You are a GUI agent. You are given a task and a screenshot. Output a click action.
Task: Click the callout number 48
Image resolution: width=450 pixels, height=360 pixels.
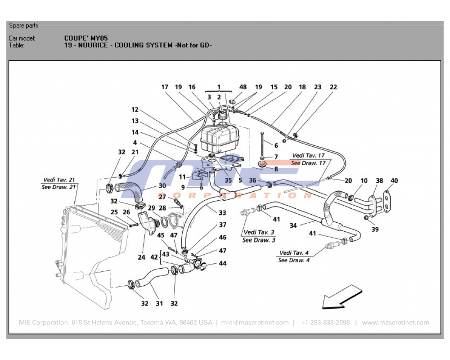pyautogui.click(x=243, y=87)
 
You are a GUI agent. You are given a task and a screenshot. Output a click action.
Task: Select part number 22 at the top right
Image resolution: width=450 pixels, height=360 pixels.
pyautogui.click(x=333, y=87)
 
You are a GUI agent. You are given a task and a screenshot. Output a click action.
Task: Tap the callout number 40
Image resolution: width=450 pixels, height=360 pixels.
pyautogui.click(x=394, y=181)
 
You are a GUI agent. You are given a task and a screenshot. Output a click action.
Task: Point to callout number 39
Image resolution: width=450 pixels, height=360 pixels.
pyautogui.click(x=375, y=229)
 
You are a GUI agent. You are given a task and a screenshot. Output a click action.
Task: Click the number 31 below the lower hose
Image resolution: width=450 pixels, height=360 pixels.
pyautogui.click(x=159, y=303)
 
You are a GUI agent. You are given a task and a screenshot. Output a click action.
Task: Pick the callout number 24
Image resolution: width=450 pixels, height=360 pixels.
pyautogui.click(x=141, y=258)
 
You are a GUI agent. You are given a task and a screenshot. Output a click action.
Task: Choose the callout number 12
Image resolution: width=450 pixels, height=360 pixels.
pyautogui.click(x=135, y=109)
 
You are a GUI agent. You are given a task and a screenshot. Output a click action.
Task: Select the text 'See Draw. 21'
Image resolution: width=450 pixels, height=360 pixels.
pyautogui.click(x=58, y=187)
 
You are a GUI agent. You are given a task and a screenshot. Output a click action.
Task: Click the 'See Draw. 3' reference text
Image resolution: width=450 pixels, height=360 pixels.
pyautogui.click(x=259, y=240)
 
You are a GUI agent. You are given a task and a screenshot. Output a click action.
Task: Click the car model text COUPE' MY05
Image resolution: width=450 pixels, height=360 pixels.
pyautogui.click(x=86, y=38)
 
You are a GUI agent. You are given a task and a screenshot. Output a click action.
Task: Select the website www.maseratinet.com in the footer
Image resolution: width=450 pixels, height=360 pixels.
pyautogui.click(x=395, y=323)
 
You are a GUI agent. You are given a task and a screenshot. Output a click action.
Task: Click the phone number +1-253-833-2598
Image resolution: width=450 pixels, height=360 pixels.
pyautogui.click(x=325, y=323)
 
